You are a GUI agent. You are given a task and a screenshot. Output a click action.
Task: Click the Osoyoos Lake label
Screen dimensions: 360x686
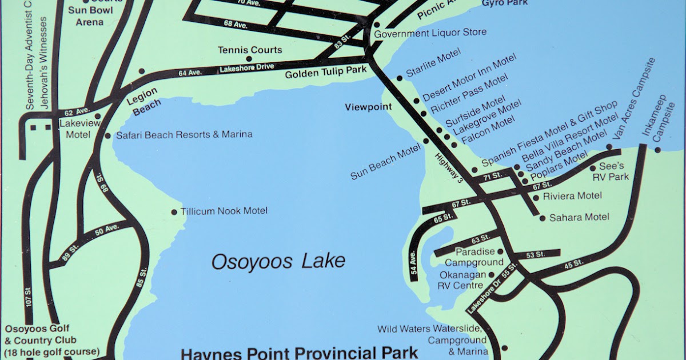pyautogui.click(x=278, y=262)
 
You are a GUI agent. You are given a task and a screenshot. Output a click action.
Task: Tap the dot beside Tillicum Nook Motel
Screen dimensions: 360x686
pyautogui.click(x=174, y=212)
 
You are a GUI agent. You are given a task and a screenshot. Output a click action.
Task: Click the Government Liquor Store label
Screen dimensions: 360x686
pyautogui.click(x=430, y=33)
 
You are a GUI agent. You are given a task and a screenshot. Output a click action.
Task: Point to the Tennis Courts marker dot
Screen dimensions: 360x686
pyautogui.click(x=249, y=58)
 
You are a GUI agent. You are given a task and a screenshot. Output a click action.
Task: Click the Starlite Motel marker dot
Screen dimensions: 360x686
pyautogui.click(x=400, y=78)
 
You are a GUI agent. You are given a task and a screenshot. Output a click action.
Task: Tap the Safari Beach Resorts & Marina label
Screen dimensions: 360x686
pyautogui.click(x=184, y=135)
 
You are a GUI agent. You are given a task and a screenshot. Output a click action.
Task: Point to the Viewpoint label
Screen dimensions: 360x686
pyautogui.click(x=368, y=107)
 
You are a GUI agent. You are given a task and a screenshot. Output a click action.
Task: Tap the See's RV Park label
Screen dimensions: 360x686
pyautogui.click(x=613, y=171)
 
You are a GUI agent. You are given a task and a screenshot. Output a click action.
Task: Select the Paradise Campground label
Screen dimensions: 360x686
pyautogui.click(x=474, y=257)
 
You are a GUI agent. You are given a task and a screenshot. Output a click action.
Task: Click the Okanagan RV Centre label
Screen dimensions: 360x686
pyautogui.click(x=461, y=280)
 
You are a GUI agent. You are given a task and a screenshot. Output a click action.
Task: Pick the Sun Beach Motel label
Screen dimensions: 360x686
pyautogui.click(x=386, y=162)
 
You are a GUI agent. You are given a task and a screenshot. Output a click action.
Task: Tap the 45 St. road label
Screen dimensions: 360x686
pyautogui.click(x=573, y=264)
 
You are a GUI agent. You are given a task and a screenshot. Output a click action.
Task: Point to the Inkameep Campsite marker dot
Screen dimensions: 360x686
pyautogui.click(x=657, y=150)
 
